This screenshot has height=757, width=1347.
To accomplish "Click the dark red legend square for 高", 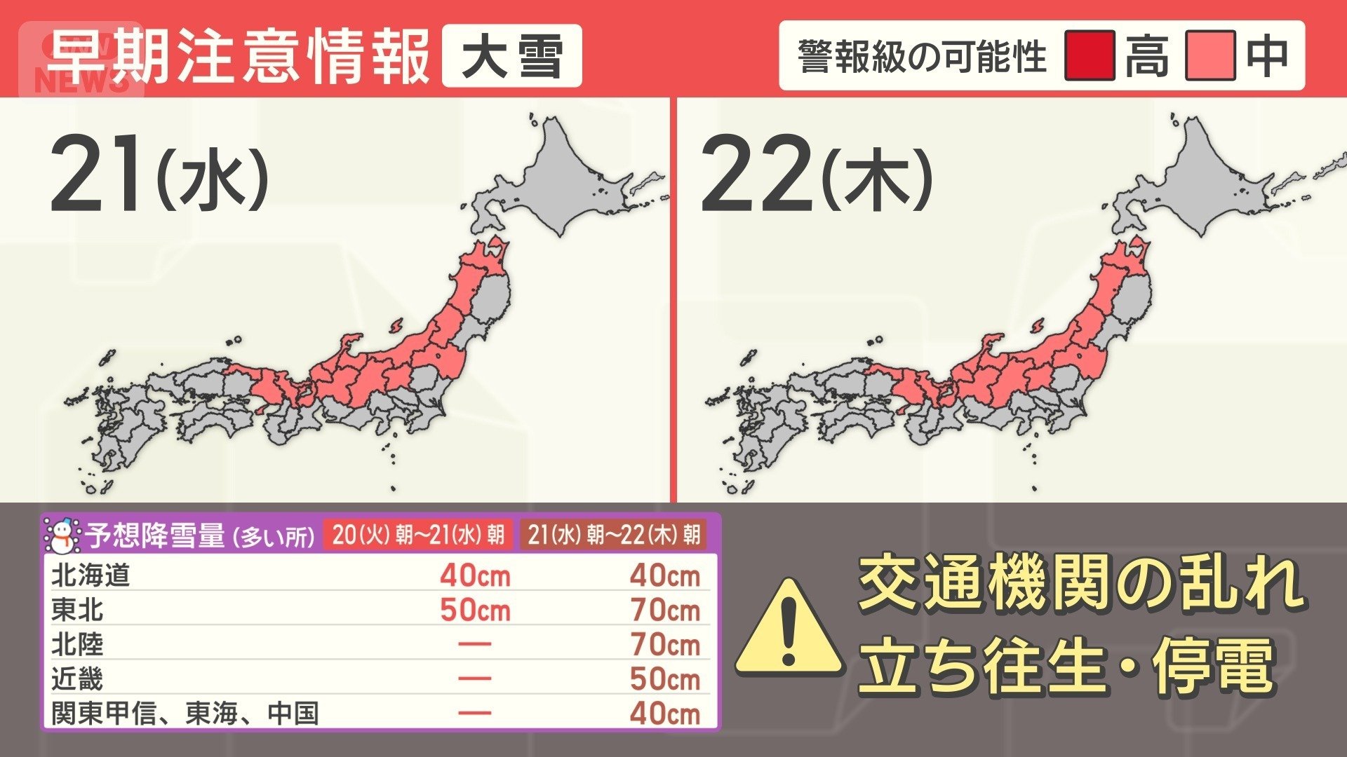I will (1089, 55).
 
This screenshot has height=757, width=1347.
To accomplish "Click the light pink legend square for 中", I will (1210, 55).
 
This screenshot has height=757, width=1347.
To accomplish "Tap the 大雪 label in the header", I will (511, 56).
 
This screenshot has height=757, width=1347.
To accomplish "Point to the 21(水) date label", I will (159, 175).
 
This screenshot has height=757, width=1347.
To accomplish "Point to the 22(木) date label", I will (816, 175).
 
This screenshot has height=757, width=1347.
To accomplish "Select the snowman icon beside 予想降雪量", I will (62, 536).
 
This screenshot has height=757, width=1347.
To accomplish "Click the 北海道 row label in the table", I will (91, 575).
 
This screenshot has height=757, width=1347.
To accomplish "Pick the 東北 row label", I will (77, 610).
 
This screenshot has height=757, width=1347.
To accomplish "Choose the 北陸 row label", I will (77, 644).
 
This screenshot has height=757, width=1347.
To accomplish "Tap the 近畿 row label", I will (77, 678).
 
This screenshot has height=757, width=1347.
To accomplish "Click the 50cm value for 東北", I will (475, 610).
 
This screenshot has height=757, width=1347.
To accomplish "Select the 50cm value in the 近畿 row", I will (664, 678).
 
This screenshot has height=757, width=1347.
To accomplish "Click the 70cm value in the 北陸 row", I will (664, 644).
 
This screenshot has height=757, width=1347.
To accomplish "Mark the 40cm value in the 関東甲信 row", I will (664, 714).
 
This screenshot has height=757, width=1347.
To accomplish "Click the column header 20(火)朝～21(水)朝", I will (418, 536).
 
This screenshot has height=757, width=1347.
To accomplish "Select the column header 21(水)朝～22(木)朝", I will (614, 536).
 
